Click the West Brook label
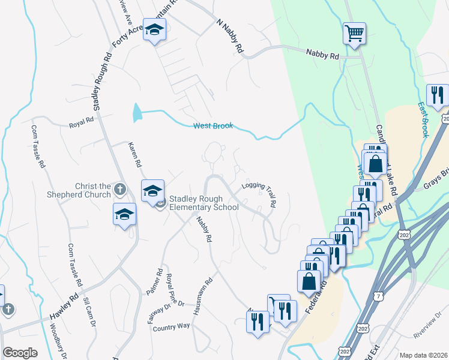pos(212,126)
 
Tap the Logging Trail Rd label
pos(259,193)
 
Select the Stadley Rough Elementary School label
pos(204,203)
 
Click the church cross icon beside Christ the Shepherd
pos(119,190)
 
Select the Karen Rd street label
pos(136,155)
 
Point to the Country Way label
pos(171,327)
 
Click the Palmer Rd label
pos(155,281)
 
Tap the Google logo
pos(20,353)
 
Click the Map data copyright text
pos(423,355)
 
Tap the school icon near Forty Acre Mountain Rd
pos(154,31)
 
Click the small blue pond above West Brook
pos(137,110)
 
